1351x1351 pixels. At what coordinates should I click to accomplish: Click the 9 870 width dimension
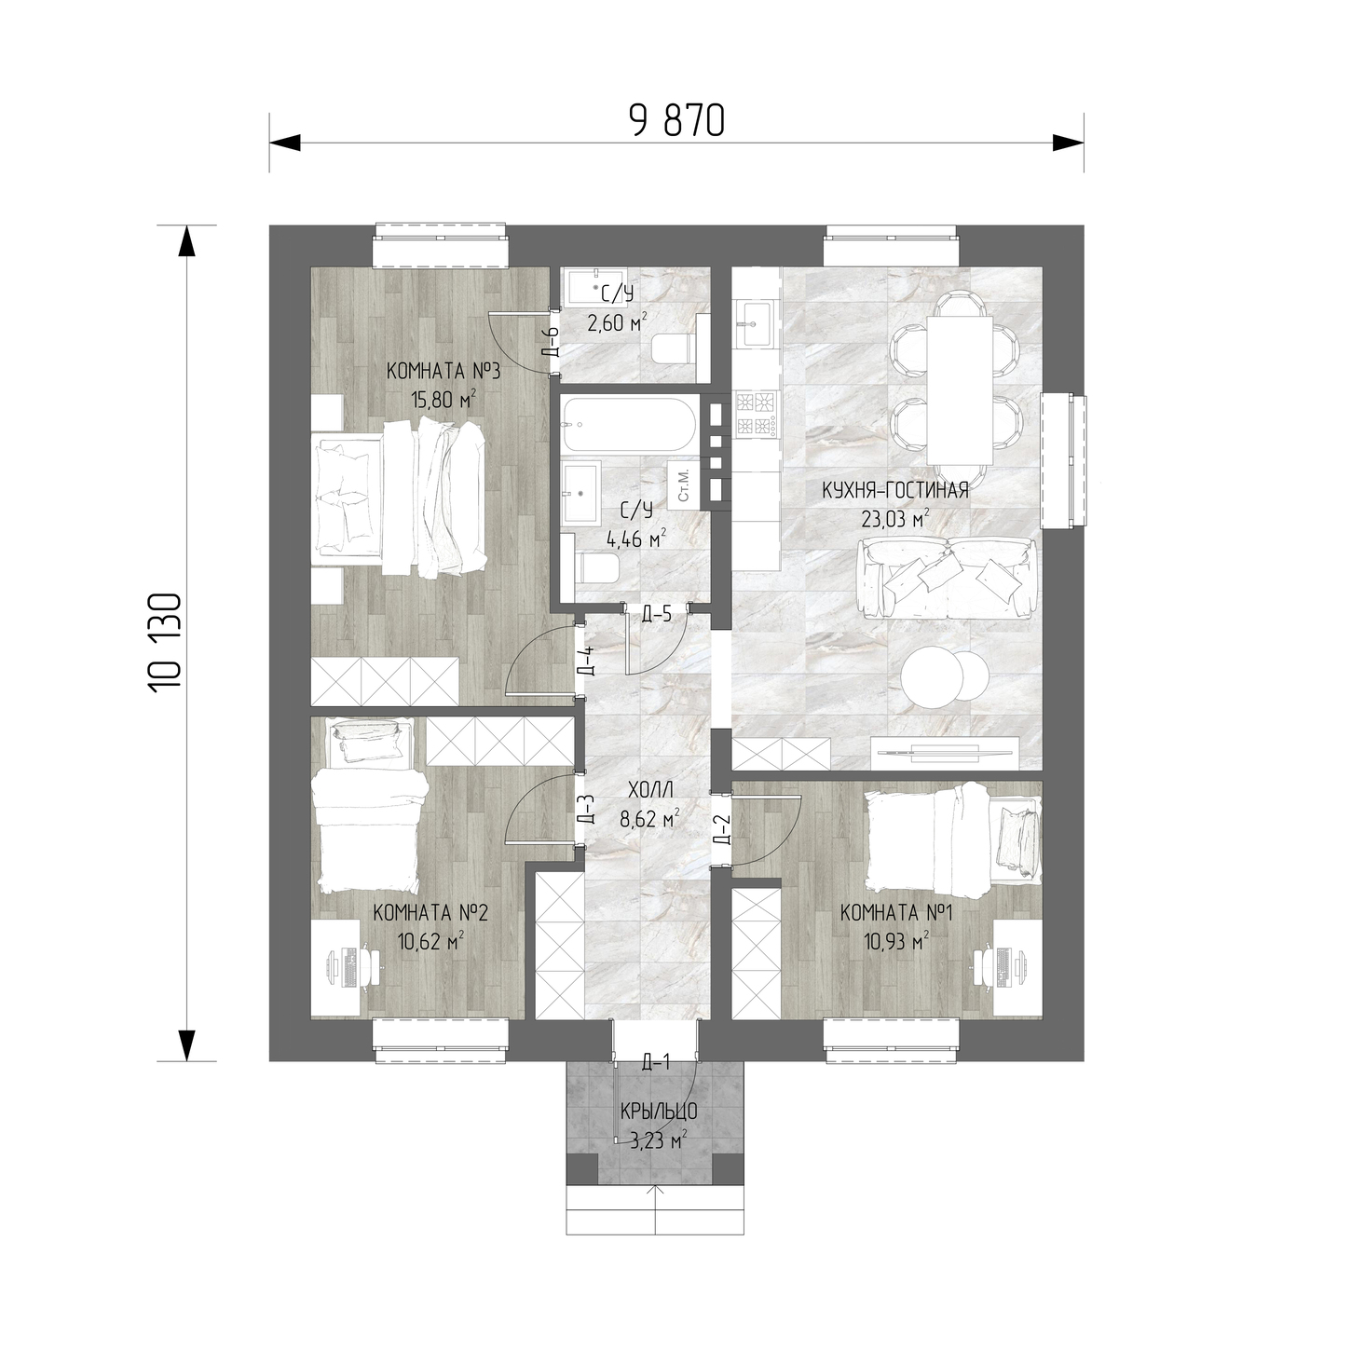pos(676,120)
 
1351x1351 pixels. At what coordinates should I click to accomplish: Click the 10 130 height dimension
pos(166,643)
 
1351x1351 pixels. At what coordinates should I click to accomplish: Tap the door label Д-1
pos(656,1063)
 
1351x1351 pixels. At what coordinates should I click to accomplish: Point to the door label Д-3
pos(588,809)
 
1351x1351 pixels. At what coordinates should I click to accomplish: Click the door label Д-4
pos(588,660)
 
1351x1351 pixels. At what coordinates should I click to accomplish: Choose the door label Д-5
pos(657,614)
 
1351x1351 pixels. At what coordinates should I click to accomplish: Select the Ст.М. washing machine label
pos(684,483)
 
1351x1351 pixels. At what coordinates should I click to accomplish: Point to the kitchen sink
pos(754,323)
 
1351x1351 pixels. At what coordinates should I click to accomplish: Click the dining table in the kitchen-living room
pos(960,389)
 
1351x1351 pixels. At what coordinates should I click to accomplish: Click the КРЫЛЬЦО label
pos(658,1112)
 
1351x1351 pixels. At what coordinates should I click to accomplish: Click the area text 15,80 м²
pos(444,400)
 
